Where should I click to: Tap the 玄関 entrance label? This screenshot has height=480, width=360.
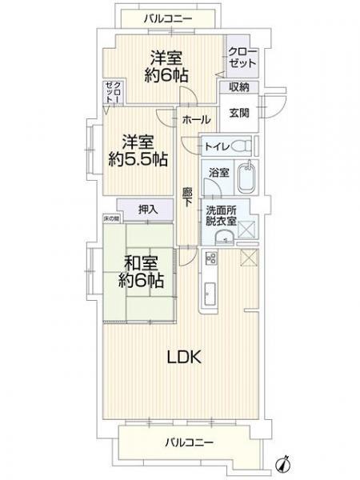[x=239, y=112]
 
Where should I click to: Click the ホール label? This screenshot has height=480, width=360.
[x=196, y=119]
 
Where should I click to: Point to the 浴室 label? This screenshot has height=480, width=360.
[x=218, y=172]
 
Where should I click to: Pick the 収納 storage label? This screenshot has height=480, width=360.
[x=239, y=86]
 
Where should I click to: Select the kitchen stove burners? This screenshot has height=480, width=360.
[x=212, y=258]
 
